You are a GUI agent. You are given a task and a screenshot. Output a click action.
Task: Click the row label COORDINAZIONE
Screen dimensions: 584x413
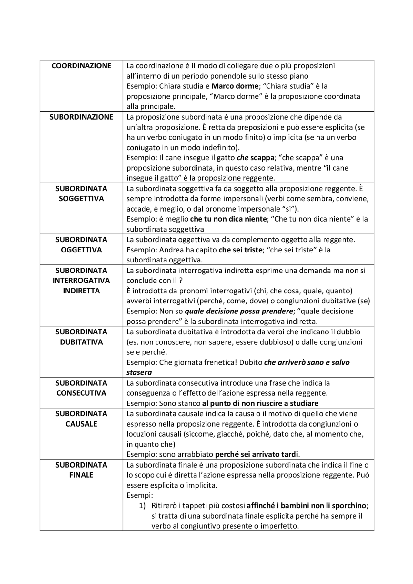click(81, 66)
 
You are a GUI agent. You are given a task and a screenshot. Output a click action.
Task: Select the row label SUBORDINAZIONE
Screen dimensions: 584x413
click(81, 117)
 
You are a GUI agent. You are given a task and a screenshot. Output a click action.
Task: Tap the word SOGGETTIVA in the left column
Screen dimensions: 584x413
click(81, 199)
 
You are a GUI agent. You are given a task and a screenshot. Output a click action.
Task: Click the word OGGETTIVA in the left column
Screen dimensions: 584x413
click(81, 250)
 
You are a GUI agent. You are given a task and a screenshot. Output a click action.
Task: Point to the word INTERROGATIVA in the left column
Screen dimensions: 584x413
click(81, 281)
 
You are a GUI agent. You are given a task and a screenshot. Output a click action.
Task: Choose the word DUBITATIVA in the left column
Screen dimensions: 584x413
click(81, 342)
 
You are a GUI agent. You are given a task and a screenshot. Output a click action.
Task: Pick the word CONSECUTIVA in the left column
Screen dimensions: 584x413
click(81, 393)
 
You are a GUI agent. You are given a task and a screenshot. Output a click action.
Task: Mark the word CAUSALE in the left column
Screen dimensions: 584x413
click(81, 424)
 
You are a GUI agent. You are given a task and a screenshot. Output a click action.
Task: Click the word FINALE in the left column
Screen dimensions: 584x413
click(81, 475)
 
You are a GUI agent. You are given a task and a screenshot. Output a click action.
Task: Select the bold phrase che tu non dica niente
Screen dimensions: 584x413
click(228, 219)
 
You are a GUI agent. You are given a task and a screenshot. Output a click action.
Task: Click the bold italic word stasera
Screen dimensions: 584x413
click(139, 372)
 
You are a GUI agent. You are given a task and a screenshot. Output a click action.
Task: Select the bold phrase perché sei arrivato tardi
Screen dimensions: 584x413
click(257, 454)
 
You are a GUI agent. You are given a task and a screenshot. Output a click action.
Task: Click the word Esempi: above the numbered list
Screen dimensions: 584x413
click(139, 495)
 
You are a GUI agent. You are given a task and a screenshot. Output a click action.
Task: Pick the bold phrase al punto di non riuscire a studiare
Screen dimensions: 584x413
click(260, 403)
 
